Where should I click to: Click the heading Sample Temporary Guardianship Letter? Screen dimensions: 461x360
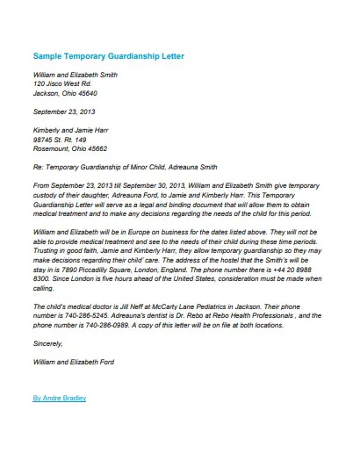pyautogui.click(x=109, y=56)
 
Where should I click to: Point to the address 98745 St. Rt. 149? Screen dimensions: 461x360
pyautogui.click(x=60, y=139)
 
